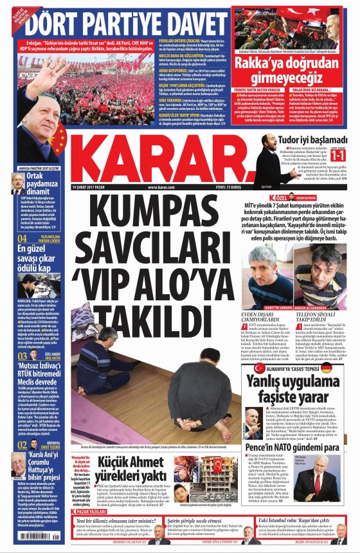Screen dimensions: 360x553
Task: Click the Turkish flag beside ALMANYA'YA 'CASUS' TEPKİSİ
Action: (260, 368)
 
